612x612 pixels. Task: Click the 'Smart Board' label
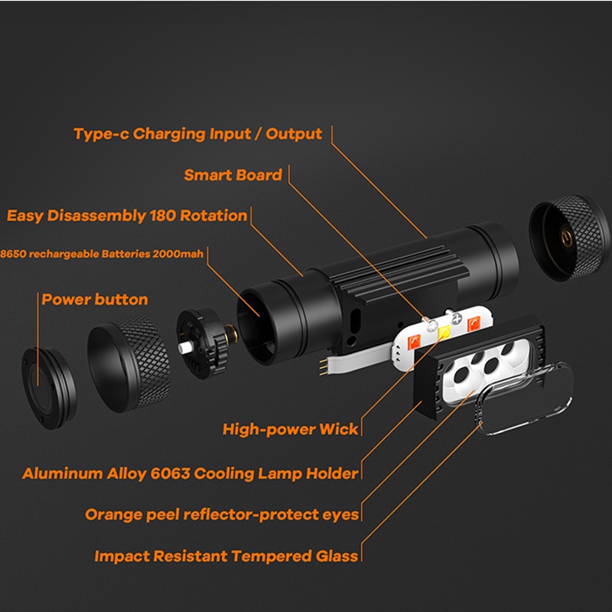233,175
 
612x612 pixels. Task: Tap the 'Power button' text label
95,299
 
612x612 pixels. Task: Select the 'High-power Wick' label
290,429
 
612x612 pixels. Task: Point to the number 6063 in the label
170,474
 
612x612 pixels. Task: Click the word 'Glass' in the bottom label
337,556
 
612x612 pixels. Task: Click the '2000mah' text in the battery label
178,254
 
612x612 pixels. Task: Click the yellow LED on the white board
444,333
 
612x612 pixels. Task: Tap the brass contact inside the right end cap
566,237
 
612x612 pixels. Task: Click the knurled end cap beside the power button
129,364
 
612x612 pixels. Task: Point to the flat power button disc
49,388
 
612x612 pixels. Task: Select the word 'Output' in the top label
294,134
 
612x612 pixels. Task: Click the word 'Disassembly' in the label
96,216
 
